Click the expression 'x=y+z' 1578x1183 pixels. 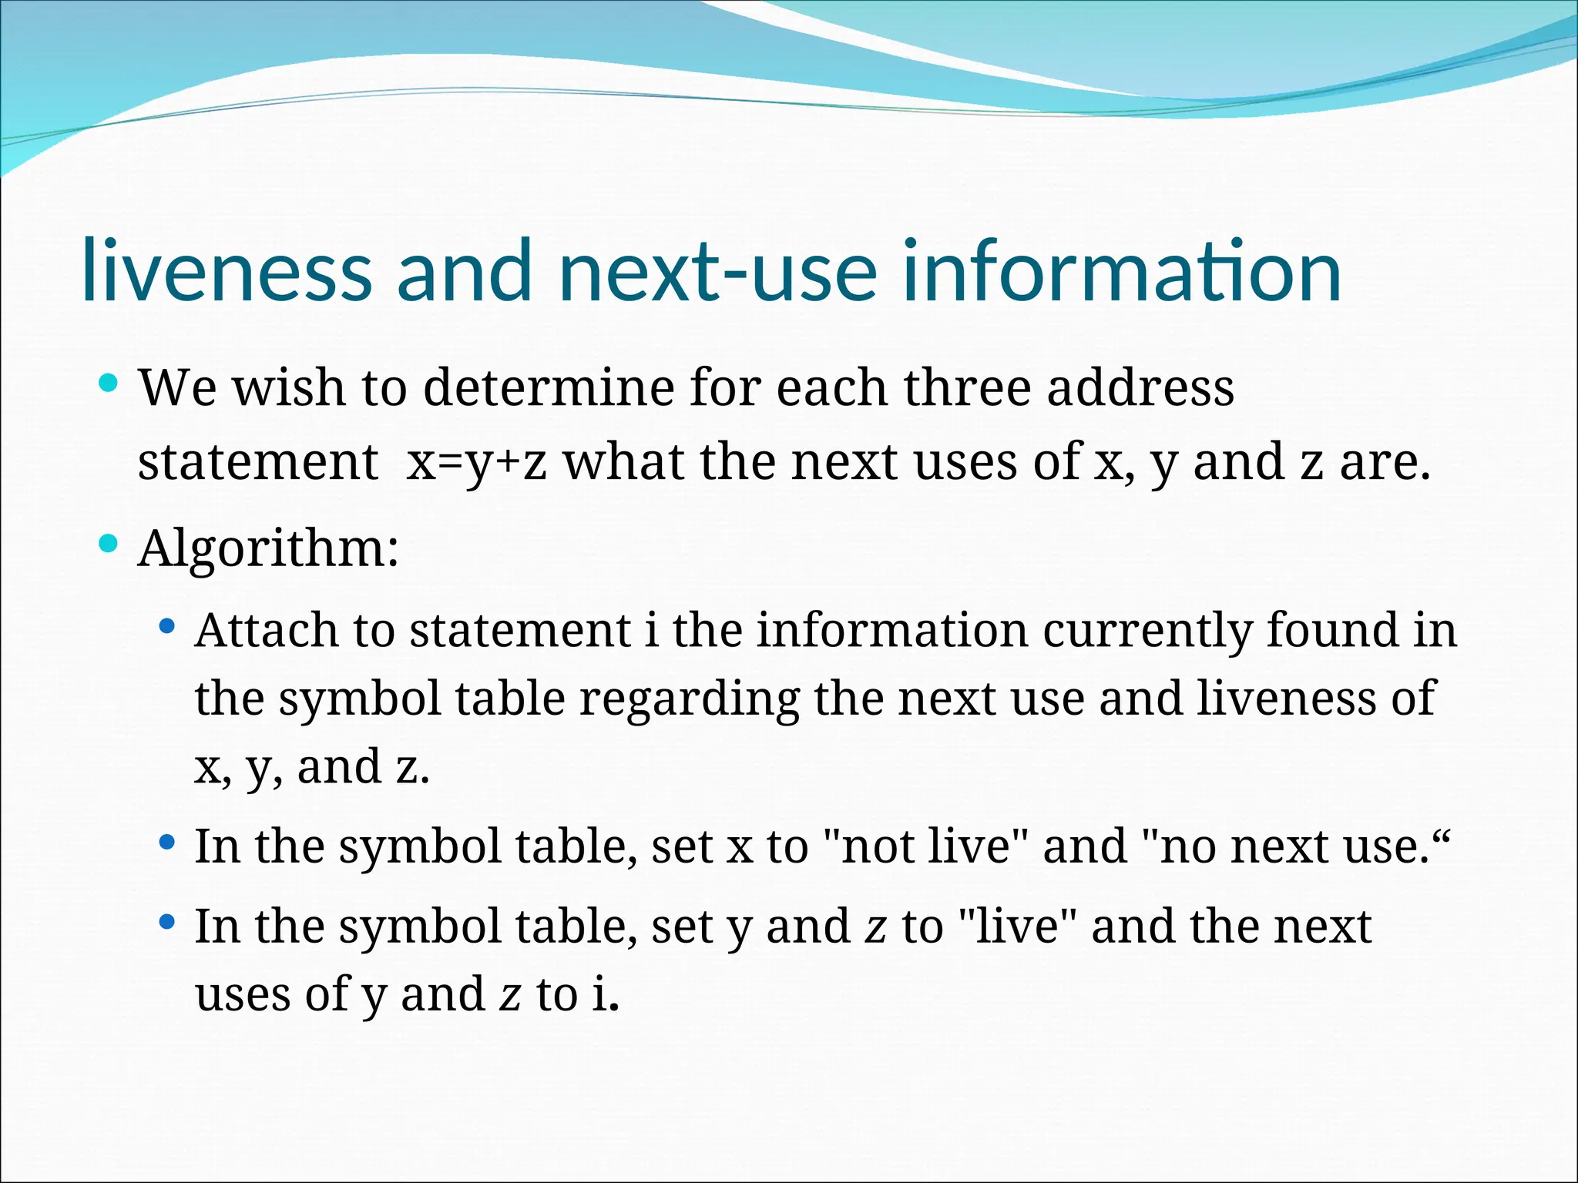tap(477, 462)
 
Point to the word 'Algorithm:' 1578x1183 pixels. tap(268, 548)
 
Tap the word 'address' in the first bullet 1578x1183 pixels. tap(1140, 387)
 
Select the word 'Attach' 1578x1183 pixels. tap(266, 630)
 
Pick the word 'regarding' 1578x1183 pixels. tap(689, 699)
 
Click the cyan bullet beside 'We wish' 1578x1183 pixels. tap(109, 382)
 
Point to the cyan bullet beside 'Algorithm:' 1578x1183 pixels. tap(109, 545)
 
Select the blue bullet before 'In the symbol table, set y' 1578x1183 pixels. tap(166, 922)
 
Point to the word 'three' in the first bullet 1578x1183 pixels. tap(967, 387)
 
